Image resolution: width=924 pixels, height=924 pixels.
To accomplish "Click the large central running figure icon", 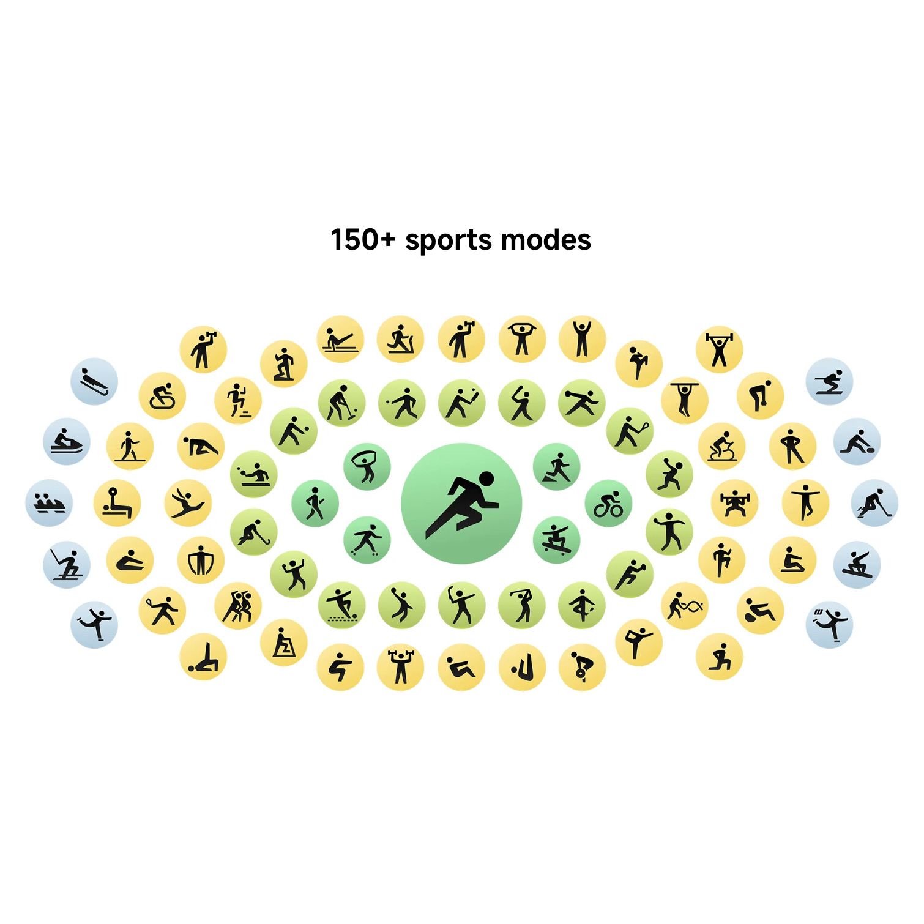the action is (x=461, y=504).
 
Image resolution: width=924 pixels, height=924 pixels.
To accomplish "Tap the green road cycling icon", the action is (x=608, y=504).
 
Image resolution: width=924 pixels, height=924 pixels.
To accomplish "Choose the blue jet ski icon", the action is (x=67, y=442).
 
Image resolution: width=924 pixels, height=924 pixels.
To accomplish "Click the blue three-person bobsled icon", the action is (x=49, y=503).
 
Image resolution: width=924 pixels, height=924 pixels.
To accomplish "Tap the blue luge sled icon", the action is (x=94, y=381).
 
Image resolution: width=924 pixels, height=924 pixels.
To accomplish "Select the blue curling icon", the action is (x=857, y=442).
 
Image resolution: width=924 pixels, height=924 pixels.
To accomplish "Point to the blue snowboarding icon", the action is (x=857, y=564).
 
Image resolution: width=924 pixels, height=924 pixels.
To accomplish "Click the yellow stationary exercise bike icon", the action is (x=722, y=446).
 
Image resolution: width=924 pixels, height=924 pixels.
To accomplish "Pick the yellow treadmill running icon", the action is (x=401, y=339).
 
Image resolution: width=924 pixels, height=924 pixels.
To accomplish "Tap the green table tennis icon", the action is (x=254, y=474).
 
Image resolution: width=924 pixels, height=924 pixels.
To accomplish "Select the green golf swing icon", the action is (x=522, y=606).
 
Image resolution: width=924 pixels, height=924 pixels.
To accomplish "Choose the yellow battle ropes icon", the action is (x=685, y=606).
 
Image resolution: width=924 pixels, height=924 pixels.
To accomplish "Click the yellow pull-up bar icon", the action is (x=685, y=400).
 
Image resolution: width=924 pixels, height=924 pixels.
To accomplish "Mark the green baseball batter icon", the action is (x=522, y=403).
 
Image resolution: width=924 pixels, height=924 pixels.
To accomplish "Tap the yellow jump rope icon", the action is (x=201, y=560).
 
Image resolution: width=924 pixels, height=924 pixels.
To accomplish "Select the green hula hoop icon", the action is (x=367, y=467).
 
